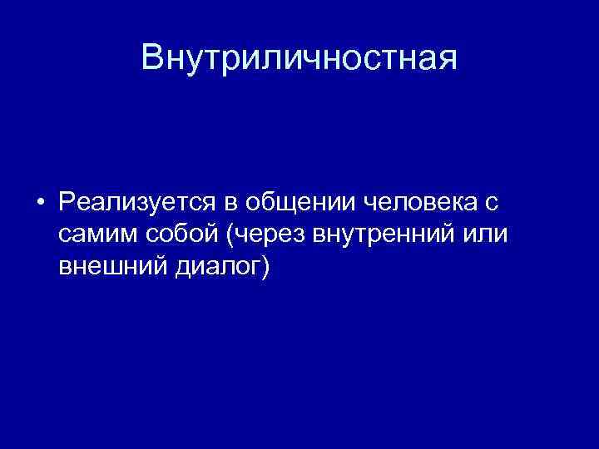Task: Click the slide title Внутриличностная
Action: coord(299,58)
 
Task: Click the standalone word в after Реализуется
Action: coord(226,202)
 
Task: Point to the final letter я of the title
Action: coord(447,60)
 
